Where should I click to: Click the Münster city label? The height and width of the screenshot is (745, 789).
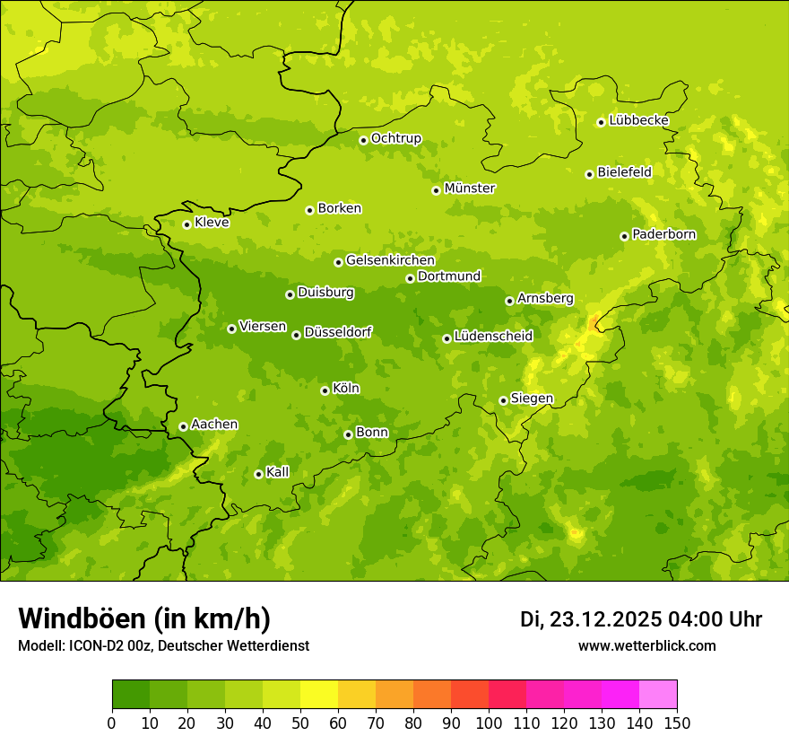470,188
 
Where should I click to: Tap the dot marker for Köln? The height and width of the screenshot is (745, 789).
325,390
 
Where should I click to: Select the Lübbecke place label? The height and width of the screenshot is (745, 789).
638,120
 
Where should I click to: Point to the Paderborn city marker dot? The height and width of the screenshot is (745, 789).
624,236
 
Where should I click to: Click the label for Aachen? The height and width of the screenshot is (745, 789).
214,425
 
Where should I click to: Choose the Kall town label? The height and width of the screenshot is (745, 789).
278,472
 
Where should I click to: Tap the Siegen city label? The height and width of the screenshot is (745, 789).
532,399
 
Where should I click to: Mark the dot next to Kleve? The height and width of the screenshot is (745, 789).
186,224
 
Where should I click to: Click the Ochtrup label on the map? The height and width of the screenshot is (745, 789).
395,138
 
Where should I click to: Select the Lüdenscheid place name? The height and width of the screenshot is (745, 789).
493,337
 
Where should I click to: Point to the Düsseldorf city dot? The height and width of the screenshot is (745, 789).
296,335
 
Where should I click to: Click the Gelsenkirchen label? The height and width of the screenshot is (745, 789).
390,260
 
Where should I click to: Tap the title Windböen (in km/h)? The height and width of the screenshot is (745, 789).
144,618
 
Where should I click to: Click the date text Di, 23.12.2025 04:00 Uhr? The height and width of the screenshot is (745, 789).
641,619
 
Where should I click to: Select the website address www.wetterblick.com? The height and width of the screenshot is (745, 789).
646,645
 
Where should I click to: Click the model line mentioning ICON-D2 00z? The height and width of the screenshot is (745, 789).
163,645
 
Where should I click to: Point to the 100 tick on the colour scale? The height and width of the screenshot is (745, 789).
489,723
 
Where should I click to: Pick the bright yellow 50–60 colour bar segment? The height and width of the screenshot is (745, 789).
319,695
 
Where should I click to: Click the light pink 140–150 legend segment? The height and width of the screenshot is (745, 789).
658,695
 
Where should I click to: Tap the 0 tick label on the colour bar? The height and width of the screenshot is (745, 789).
112,723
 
